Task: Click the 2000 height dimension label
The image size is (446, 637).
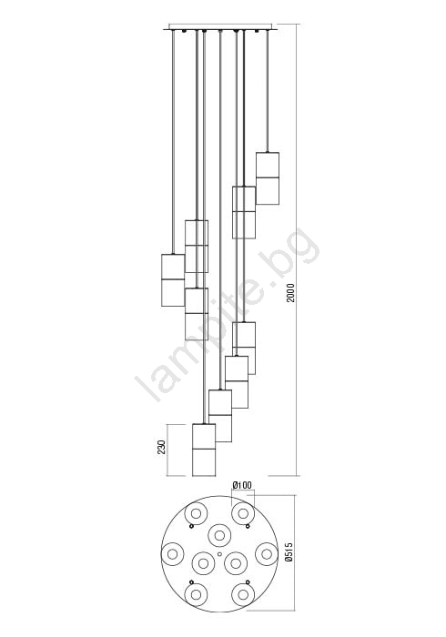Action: point(291,292)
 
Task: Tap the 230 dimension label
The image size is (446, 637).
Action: point(162,447)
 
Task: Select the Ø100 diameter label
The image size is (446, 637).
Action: point(242,485)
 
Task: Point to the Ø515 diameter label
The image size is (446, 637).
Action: point(289,552)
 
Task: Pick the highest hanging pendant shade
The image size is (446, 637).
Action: point(268,178)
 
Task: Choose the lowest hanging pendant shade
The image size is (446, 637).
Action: point(204,450)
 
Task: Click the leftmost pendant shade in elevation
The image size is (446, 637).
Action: point(173,280)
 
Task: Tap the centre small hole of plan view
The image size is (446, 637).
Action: point(219,553)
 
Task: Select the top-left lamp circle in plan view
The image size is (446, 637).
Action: point(197,513)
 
